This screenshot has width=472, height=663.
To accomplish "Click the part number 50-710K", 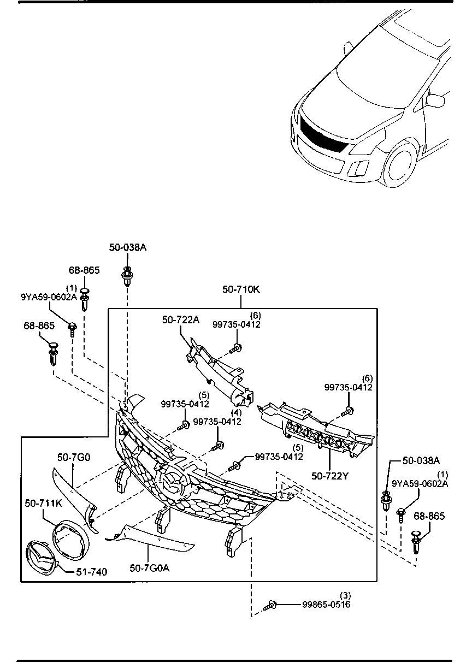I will (x=241, y=289).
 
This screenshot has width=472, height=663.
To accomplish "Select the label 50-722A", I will (x=180, y=320).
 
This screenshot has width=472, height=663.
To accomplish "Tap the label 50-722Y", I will (x=331, y=476).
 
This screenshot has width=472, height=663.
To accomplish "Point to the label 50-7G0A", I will (x=150, y=568).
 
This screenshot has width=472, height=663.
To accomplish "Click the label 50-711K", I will (x=43, y=501).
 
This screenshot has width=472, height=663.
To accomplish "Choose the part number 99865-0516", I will (x=327, y=605).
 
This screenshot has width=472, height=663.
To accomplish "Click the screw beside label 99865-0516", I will (x=271, y=605).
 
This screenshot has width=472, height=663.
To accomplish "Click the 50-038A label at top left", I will (x=128, y=247).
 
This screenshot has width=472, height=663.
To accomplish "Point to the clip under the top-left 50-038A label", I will (x=127, y=275).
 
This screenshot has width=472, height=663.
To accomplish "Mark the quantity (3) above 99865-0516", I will (x=345, y=595).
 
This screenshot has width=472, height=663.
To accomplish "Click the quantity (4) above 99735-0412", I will (x=235, y=412).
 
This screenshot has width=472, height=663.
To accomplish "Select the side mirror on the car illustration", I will (x=435, y=100).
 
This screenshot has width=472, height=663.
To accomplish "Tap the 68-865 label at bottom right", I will (x=429, y=516).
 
